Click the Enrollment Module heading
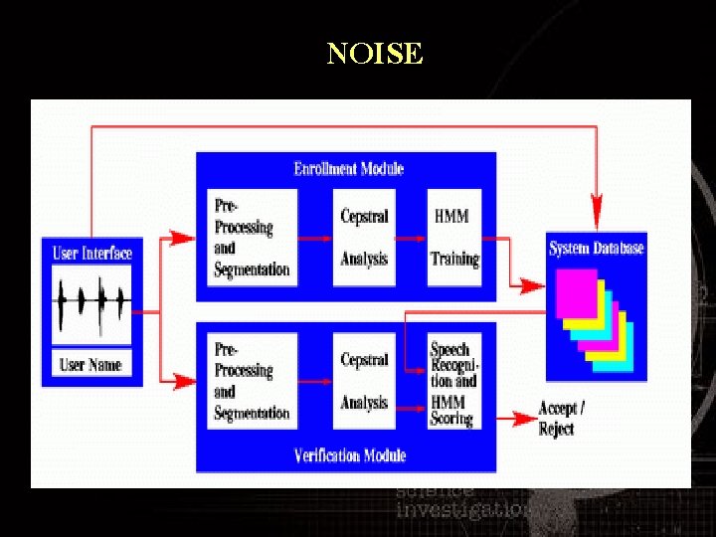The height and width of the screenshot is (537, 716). pyautogui.click(x=349, y=168)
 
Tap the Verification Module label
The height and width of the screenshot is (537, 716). pyautogui.click(x=350, y=455)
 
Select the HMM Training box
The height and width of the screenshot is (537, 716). pyautogui.click(x=454, y=238)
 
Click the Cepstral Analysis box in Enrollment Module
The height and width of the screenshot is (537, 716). pyautogui.click(x=364, y=238)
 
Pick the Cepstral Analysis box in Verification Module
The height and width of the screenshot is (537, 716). pyautogui.click(x=364, y=381)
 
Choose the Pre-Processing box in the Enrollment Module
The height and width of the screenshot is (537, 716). pyautogui.click(x=253, y=238)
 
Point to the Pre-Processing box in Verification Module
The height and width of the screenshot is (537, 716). pyautogui.click(x=253, y=381)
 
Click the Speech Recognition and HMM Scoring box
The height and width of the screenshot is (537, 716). pyautogui.click(x=453, y=383)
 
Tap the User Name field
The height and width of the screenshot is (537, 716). pyautogui.click(x=90, y=365)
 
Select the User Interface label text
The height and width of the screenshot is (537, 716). pyautogui.click(x=91, y=253)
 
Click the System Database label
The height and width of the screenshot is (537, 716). pyautogui.click(x=596, y=248)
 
